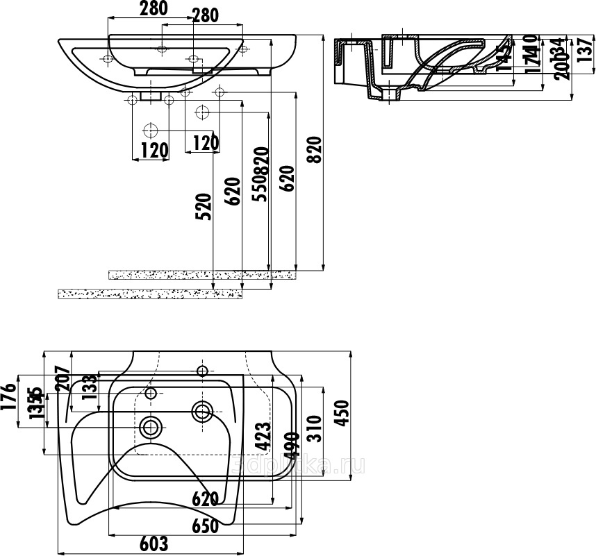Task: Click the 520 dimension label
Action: (203, 207)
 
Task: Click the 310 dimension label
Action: (314, 429)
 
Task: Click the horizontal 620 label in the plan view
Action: (206, 498)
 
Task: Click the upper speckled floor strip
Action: (201, 275)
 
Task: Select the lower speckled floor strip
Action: (149, 294)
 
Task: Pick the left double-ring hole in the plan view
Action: (151, 426)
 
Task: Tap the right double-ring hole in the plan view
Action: (203, 412)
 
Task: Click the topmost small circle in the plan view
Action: (203, 369)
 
